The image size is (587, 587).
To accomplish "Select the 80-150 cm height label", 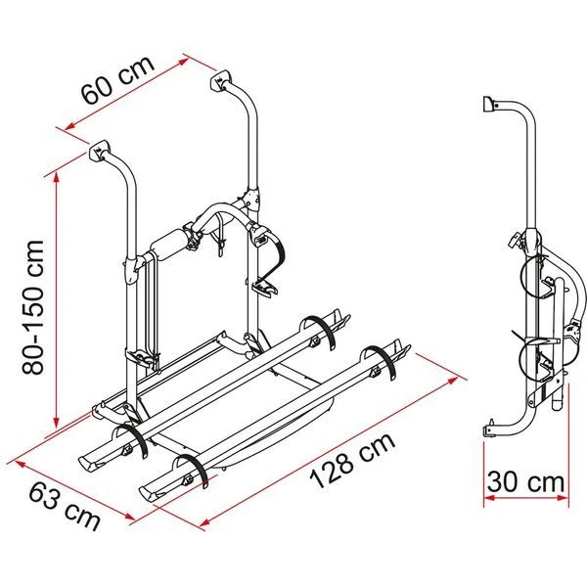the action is pyautogui.click(x=33, y=308).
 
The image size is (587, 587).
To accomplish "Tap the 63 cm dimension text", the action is pyautogui.click(x=65, y=506).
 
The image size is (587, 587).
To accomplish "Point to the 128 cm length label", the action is pyautogui.click(x=352, y=461).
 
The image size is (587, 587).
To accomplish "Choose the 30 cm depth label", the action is pyautogui.click(x=525, y=482).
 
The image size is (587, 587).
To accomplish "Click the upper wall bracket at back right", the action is pyautogui.click(x=221, y=81).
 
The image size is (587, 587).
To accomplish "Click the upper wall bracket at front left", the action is pyautogui.click(x=99, y=151).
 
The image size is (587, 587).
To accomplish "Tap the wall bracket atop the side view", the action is pyautogui.click(x=489, y=104).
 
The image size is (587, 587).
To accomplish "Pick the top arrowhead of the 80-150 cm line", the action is pyautogui.click(x=57, y=178).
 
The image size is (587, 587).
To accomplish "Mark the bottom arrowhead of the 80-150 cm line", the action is pyautogui.click(x=56, y=422).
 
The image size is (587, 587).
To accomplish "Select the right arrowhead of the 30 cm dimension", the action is pyautogui.click(x=563, y=498).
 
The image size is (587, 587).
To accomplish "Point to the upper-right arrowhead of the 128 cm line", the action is pyautogui.click(x=452, y=382).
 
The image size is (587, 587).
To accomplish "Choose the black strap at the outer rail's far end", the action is pyautogui.click(x=381, y=362).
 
